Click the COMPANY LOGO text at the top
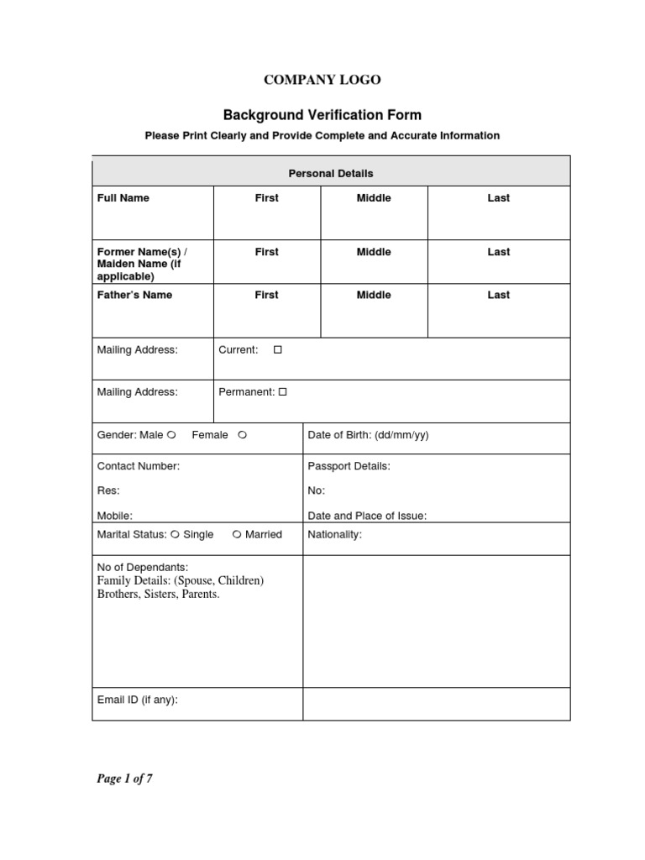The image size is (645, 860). click(322, 80)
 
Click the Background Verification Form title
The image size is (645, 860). click(322, 115)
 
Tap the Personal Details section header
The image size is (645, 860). click(331, 173)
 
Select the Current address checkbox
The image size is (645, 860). click(278, 349)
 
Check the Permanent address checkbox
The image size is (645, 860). click(283, 391)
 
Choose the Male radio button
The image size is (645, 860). click(171, 435)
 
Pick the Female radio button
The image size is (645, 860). click(242, 435)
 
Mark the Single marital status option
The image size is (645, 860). click(175, 534)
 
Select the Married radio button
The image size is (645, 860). click(237, 534)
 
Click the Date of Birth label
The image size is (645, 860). click(368, 435)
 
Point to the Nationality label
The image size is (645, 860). click(335, 534)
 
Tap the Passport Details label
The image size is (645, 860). click(349, 465)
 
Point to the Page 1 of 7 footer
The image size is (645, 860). click(124, 779)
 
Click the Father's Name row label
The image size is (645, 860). click(134, 295)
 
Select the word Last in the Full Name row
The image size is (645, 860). click(499, 198)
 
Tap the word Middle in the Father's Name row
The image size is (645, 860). click(374, 295)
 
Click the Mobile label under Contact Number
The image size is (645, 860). click(115, 516)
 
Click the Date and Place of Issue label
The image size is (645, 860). click(367, 516)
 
